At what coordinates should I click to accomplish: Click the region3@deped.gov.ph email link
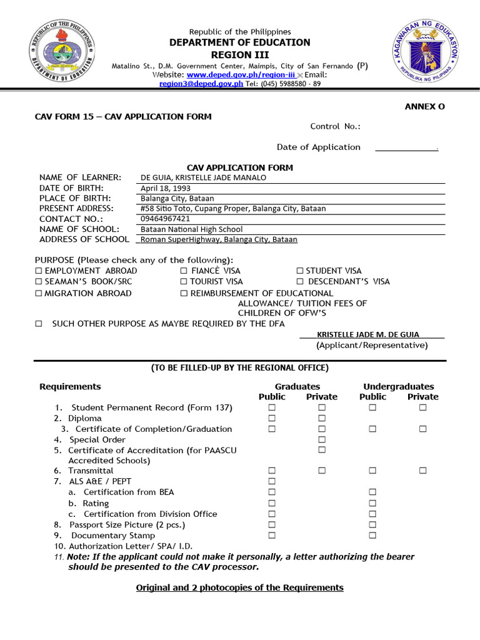201,84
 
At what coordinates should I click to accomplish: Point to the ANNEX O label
424,107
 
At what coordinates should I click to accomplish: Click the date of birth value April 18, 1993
166,188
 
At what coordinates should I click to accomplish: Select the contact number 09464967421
166,219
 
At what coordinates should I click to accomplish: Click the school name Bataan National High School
191,229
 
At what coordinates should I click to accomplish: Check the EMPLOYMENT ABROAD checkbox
39,271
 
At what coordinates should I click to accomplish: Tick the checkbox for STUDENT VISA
300,271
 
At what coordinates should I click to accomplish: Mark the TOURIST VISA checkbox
184,282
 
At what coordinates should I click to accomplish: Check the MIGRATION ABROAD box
39,294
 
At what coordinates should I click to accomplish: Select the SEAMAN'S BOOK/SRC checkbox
39,282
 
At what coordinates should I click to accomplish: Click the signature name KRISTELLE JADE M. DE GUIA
368,335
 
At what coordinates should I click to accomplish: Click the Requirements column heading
70,387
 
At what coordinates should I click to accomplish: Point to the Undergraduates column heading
398,387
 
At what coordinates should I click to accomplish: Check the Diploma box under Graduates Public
272,418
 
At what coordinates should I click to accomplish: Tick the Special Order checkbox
322,439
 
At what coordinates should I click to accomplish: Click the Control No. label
335,127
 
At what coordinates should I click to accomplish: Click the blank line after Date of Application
406,148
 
